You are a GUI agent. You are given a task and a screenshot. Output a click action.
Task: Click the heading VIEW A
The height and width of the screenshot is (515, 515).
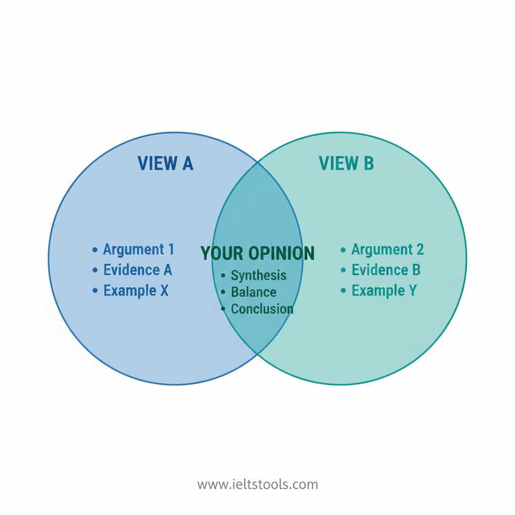pos(165,163)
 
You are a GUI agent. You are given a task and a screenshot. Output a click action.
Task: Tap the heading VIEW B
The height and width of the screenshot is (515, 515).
pos(346,163)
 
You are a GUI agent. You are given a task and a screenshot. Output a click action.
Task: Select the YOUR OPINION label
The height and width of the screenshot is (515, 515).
pos(257,253)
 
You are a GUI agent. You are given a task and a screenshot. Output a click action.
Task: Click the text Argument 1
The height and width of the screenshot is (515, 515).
pos(138,249)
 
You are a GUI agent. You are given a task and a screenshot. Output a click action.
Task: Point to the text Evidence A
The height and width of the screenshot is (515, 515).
pos(137,270)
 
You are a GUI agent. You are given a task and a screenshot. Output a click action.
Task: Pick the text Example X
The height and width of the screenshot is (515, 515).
pos(136,290)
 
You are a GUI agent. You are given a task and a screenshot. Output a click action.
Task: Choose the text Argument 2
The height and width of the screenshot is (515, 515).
pos(387,249)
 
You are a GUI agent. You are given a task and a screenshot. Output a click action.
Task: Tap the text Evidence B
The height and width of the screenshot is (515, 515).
pos(386,270)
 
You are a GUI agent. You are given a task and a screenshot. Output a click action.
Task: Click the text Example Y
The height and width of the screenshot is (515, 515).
pos(384,290)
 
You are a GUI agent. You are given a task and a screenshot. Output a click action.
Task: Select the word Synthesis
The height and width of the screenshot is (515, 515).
pos(259,275)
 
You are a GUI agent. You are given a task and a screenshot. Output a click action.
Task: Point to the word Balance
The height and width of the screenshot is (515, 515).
pos(253,292)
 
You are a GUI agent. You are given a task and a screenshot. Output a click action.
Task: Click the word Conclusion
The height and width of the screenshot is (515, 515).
pos(262,308)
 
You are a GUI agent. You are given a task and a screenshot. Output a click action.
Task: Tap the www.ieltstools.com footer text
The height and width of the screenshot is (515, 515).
pos(257,485)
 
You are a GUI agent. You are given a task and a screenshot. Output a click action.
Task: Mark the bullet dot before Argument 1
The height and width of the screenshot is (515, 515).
pos(95,249)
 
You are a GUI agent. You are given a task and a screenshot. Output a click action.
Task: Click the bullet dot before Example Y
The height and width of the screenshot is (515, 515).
pos(344,291)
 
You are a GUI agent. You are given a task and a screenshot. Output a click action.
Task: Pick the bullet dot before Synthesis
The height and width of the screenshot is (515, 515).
pos(223,276)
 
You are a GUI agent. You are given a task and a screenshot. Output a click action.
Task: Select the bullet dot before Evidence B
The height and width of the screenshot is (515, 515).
pos(344,270)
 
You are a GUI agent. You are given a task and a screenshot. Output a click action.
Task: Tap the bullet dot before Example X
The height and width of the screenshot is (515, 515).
pos(95,291)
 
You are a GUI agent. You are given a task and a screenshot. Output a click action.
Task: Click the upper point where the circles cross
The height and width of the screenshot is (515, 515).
pos(257,162)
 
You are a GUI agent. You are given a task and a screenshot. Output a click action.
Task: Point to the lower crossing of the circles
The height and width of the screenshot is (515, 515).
pos(257,355)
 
